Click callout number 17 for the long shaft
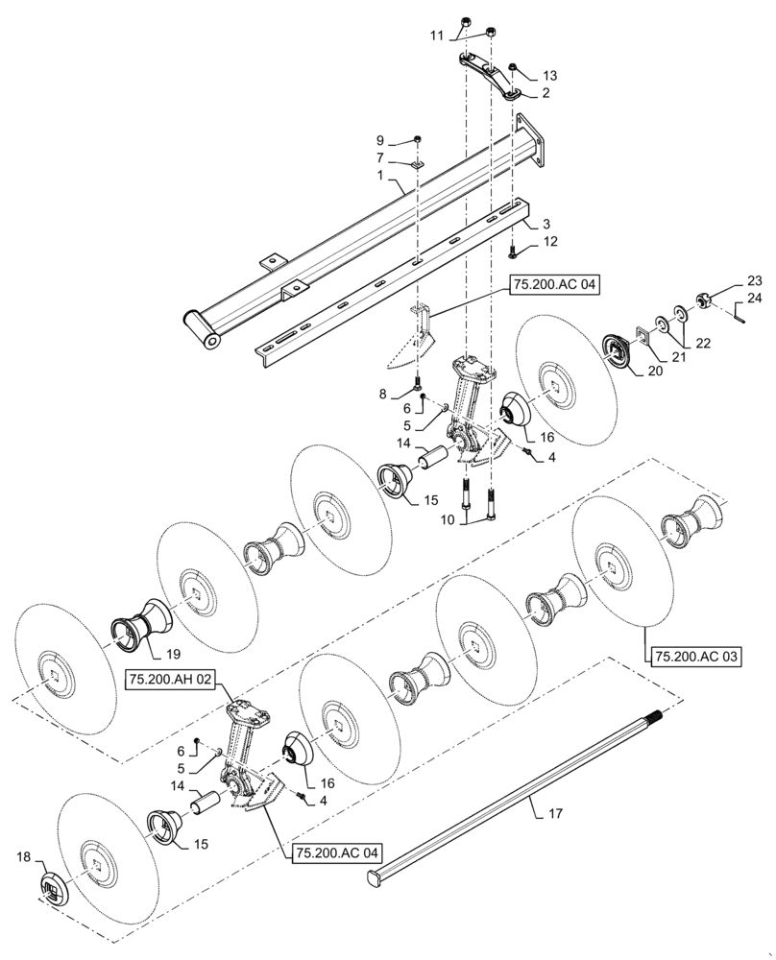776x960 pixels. coord(556,813)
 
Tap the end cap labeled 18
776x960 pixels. coord(54,888)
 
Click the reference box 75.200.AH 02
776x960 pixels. coord(172,679)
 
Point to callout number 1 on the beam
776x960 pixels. coord(381,176)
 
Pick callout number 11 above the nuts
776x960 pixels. coord(437,36)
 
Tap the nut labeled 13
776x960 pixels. coord(514,67)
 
